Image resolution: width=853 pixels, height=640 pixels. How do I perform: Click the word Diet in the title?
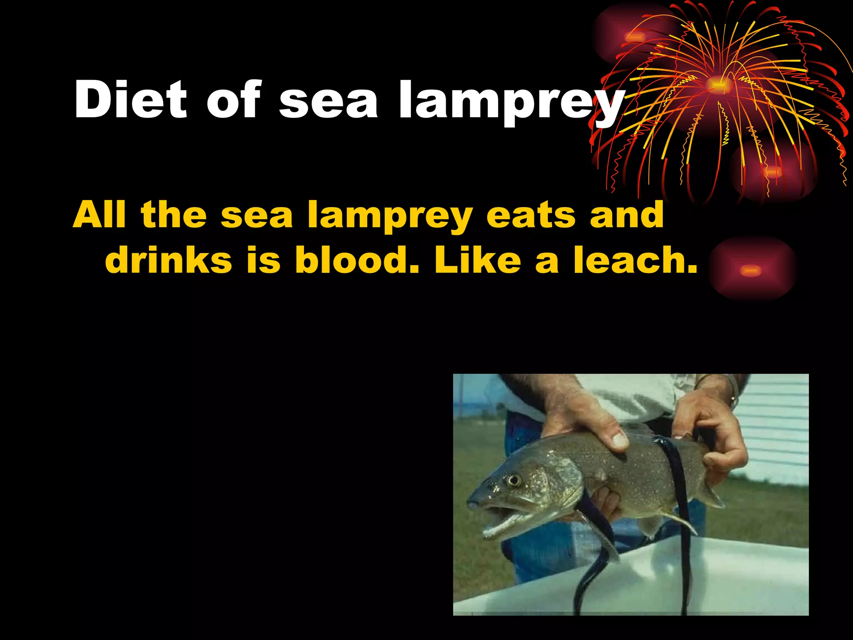(130, 100)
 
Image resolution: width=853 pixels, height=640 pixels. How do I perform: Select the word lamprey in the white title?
(511, 102)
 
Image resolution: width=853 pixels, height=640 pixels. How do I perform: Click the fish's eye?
(514, 480)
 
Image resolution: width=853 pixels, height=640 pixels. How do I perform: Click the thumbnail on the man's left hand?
(620, 440)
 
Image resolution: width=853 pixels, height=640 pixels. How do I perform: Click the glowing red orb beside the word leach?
(752, 270)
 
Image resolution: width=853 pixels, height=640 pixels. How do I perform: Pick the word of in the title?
(233, 100)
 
